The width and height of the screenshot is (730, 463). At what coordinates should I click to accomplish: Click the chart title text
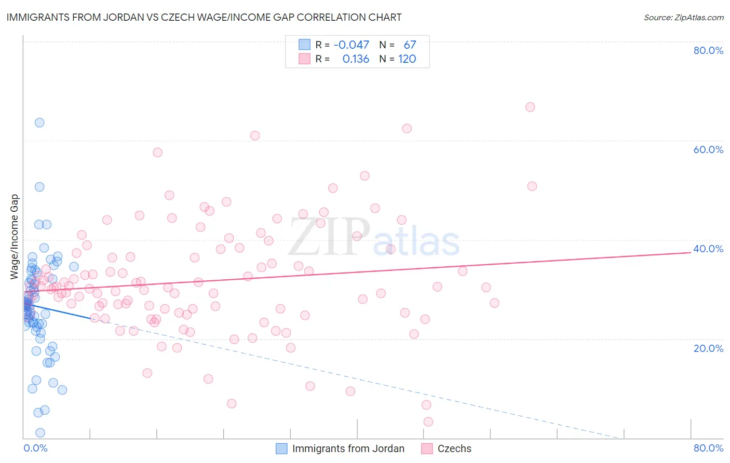(204, 18)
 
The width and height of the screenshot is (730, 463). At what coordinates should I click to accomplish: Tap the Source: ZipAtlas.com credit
(683, 18)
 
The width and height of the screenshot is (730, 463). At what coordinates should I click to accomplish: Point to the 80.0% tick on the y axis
(708, 50)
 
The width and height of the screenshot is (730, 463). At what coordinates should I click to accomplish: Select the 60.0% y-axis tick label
(708, 149)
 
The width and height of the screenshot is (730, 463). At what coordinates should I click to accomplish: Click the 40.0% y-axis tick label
(708, 249)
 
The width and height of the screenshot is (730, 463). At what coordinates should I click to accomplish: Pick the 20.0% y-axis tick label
(708, 348)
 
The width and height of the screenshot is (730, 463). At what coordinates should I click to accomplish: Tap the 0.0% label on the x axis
(36, 448)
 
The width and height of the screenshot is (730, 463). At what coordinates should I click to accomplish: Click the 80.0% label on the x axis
(708, 448)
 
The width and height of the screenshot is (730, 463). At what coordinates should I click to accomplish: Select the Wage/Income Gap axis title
(15, 237)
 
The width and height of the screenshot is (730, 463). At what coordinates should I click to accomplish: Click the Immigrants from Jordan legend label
(348, 448)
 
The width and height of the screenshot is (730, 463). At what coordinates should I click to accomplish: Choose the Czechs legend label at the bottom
(454, 448)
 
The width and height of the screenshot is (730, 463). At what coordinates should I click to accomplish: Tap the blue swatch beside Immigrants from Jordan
(281, 448)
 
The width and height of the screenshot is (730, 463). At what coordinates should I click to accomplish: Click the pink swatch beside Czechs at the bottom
(427, 448)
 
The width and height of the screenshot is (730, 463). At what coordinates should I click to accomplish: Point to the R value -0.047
(351, 45)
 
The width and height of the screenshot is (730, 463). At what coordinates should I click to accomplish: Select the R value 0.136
(356, 59)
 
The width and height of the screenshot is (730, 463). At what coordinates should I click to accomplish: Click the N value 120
(407, 59)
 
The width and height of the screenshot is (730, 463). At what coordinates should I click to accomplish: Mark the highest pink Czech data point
(530, 107)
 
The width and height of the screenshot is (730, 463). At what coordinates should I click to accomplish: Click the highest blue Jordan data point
(39, 122)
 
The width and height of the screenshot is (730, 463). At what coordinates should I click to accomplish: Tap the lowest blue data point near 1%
(40, 433)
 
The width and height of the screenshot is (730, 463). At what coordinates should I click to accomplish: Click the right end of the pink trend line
(691, 252)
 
